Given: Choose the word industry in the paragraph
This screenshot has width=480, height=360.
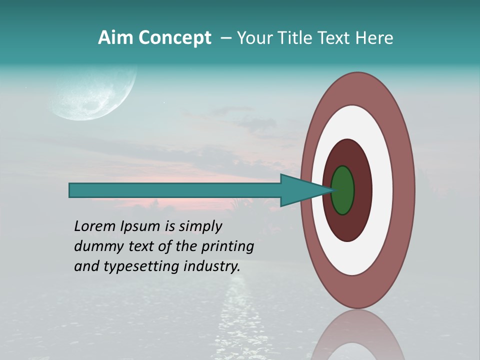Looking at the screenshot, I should (212, 266).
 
